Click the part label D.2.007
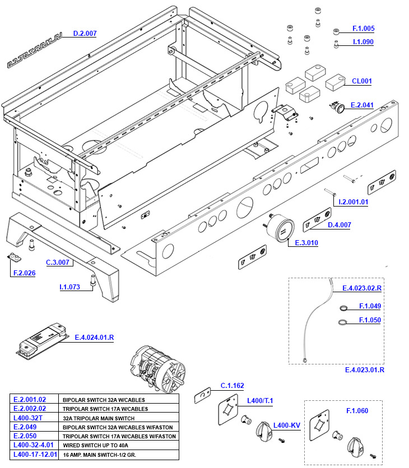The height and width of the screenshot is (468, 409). point(85,34)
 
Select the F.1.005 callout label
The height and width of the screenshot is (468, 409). point(363,29)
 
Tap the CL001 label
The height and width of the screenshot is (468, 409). point(361,81)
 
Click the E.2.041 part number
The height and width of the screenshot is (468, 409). point(362,105)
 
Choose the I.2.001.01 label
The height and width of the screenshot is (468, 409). point(350,202)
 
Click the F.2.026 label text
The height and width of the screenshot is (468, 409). point(24,273)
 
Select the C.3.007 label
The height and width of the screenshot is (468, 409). point(58,262)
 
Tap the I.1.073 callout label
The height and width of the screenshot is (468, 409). point(70,287)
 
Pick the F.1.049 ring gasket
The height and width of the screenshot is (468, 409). point(342,307)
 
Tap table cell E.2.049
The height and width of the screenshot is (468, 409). point(26,427)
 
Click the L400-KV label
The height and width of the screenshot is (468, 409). point(286,425)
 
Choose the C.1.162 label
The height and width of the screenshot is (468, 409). point(232,386)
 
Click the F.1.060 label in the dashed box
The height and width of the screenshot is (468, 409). point(357,411)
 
